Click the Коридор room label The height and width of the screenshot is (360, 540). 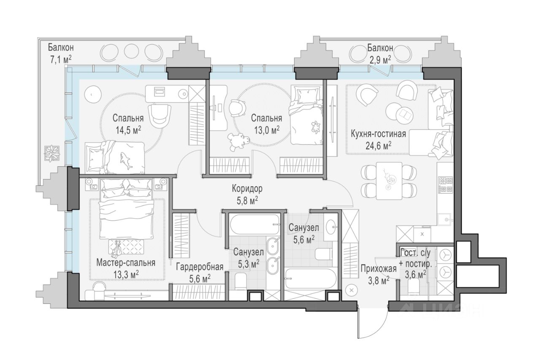247,189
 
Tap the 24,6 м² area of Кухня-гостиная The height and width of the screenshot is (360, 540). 378,146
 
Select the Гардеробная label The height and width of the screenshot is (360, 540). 200,267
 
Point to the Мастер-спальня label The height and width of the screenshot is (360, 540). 126,263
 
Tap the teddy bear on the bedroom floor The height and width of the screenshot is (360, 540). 238,142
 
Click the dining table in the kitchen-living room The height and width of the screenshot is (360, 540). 389,181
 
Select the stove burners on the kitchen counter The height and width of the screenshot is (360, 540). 446,185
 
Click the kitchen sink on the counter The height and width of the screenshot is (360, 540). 445,219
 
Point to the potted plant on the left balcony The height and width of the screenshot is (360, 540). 52,153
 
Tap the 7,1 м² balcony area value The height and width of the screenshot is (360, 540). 61,60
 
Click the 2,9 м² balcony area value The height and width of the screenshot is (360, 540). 380,60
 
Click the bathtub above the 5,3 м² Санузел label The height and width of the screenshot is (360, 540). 254,225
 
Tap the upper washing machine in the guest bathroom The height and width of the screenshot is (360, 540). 446,255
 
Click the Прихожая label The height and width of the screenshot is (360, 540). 379,269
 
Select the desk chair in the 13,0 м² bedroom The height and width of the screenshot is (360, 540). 237,108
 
